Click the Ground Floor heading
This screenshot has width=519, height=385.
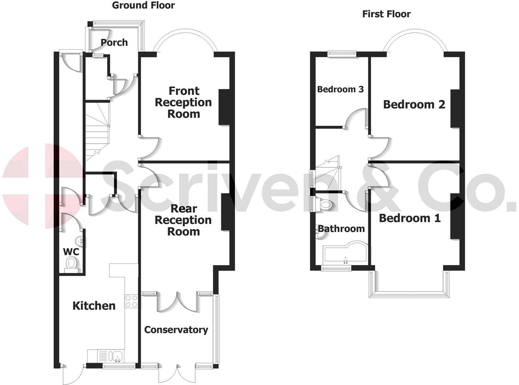[143, 5]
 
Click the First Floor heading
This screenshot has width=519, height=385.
[386, 14]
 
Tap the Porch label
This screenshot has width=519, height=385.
[114, 43]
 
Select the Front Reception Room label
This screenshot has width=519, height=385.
[183, 102]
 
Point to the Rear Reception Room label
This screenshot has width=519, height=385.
[183, 220]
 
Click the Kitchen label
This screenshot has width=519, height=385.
[94, 306]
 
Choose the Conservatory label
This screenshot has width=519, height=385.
[176, 330]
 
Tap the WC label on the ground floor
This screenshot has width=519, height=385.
[71, 252]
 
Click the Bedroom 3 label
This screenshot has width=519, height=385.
[340, 89]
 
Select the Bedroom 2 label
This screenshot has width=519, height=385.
[414, 104]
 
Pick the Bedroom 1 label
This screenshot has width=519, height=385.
[409, 218]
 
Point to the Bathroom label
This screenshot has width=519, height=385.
[341, 229]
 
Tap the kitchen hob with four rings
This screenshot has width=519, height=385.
[131, 301]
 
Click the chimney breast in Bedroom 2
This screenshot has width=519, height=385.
[455, 108]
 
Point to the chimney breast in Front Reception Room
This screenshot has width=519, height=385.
[224, 107]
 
